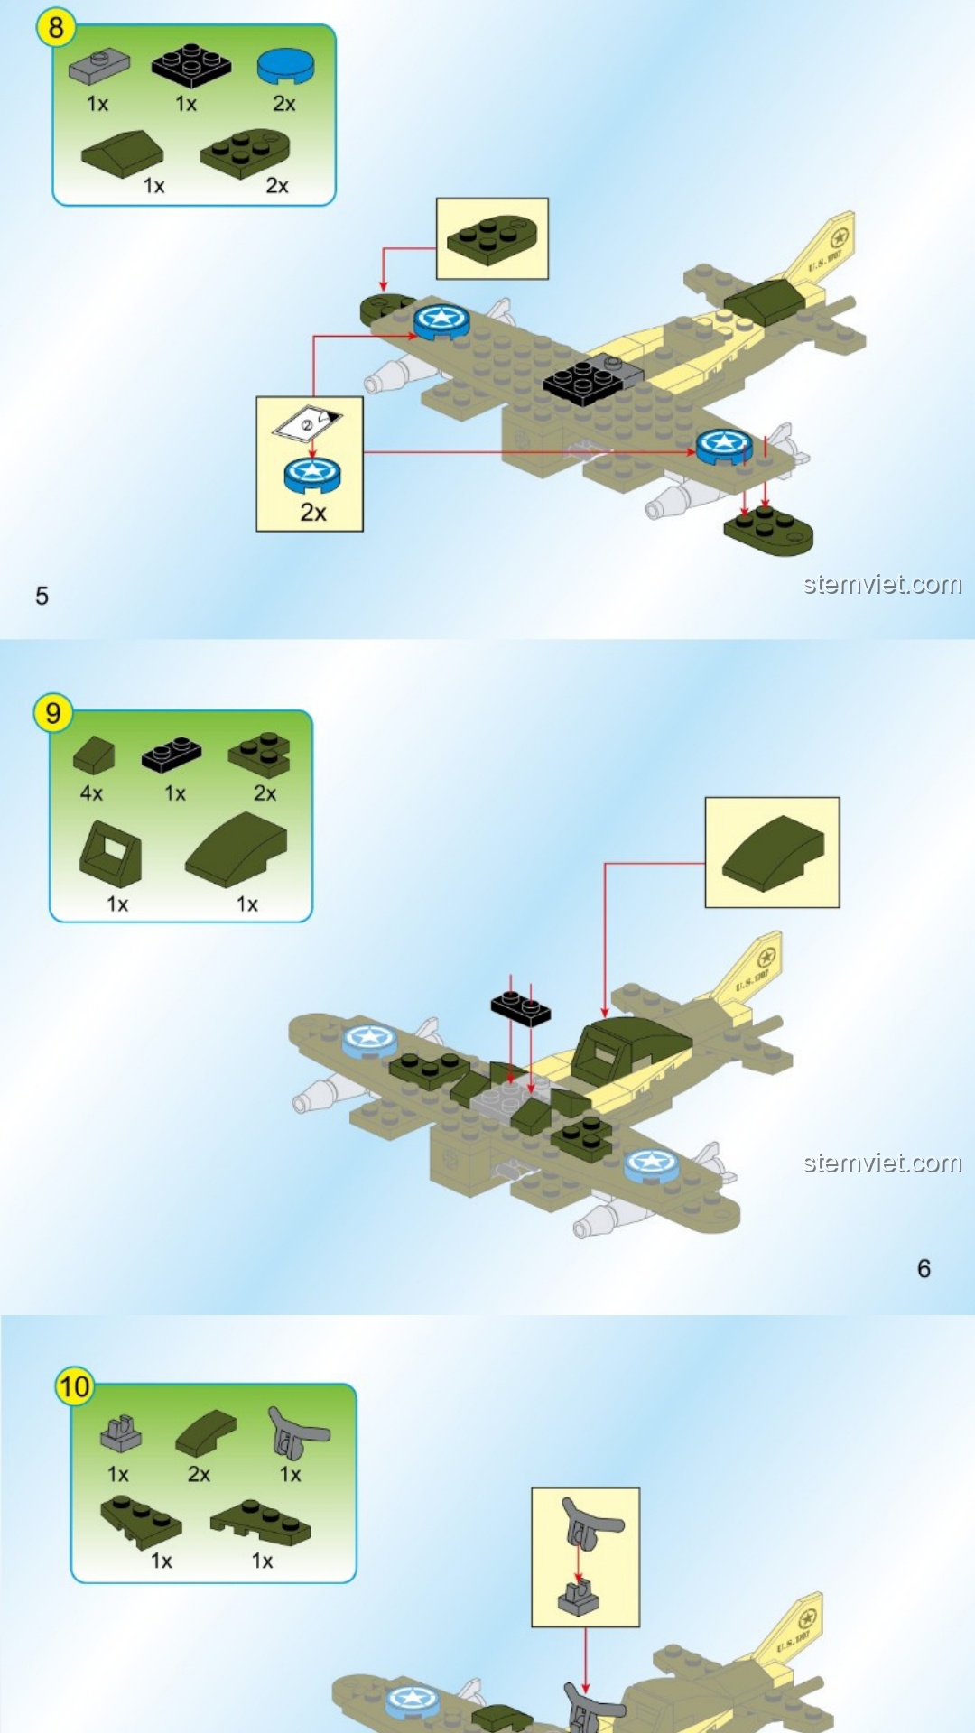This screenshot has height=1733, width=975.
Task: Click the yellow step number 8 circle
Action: [x=55, y=27]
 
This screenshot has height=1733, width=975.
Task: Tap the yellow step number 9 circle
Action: [x=53, y=713]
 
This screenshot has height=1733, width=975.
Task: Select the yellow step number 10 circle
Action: [x=74, y=1385]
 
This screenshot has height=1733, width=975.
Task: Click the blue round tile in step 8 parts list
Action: [x=286, y=65]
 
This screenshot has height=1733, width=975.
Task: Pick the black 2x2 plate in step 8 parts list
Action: [x=190, y=64]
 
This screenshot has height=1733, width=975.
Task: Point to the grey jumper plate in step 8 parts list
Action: [x=98, y=65]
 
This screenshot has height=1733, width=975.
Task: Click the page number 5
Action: [x=42, y=596]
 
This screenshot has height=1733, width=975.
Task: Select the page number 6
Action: [x=924, y=1268]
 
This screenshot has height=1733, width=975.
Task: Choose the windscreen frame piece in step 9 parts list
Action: [x=110, y=854]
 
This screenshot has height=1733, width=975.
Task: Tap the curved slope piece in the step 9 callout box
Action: [x=773, y=853]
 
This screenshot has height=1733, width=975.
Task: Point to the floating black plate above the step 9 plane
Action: [x=521, y=1008]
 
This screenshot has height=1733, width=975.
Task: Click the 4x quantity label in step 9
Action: [x=91, y=793]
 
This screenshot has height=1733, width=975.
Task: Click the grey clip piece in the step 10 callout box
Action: [x=579, y=1599]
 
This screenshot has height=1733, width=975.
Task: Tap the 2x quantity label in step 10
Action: [x=199, y=1474]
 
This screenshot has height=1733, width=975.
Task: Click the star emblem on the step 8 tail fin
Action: [x=840, y=238]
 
